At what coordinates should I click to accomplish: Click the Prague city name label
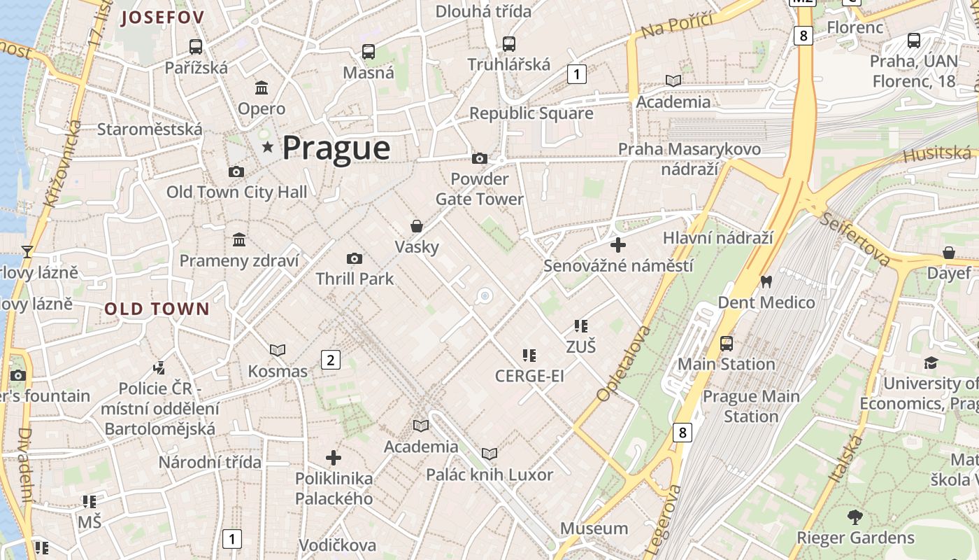pos(336,148)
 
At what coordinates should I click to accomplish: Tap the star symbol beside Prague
pos(267,147)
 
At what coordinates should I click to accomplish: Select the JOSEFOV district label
pos(162,17)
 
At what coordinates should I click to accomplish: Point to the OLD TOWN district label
pos(157,309)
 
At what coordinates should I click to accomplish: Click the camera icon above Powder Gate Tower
pos(480,159)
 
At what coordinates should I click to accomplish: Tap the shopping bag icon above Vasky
pos(417,226)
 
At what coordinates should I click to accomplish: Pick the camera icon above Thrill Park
pos(355,259)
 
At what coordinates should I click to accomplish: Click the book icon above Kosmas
pos(278,350)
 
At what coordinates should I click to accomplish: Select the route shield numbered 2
pos(330,360)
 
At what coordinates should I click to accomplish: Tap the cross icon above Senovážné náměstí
pos(618,245)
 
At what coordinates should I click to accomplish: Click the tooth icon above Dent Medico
pos(766,282)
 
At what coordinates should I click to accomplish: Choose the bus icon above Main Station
pos(727,344)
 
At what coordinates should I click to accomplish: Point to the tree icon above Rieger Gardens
pos(855,517)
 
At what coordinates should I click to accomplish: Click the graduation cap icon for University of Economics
pos(931,363)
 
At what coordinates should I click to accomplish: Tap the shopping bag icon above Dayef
pos(949,253)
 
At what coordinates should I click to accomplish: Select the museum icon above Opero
pos(262,88)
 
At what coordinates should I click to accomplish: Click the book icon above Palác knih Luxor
pos(489,454)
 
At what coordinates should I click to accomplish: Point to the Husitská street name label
pos(937,155)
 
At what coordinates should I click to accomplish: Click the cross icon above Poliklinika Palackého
pos(334,458)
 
